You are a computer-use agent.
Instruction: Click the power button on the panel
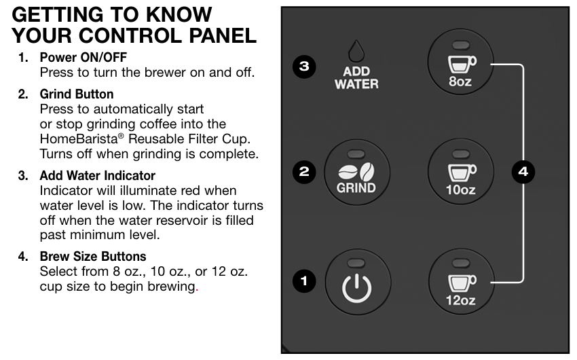pos(358,282)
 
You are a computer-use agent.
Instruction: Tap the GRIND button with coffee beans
pos(356,172)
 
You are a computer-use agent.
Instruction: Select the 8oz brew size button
pos(460,62)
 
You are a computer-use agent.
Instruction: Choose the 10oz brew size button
pos(461,172)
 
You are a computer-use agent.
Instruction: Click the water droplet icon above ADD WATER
pos(356,51)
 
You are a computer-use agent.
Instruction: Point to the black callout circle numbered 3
pos(304,67)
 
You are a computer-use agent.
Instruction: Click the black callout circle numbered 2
pos(304,172)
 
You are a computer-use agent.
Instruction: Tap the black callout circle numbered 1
pos(304,281)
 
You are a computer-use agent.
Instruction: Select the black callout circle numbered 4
pos(523,172)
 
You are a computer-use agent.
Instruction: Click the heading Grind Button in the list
pos(77,94)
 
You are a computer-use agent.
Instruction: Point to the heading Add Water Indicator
pos(98,175)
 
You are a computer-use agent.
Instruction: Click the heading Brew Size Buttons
pos(93,256)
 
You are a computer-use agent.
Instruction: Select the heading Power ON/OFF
pos(83,58)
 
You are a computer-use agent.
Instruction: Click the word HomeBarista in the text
pos(79,139)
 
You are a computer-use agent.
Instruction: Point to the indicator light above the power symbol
pos(356,263)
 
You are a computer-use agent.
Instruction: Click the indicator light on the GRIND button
pos(356,154)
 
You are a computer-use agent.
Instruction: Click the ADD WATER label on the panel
pos(356,77)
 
